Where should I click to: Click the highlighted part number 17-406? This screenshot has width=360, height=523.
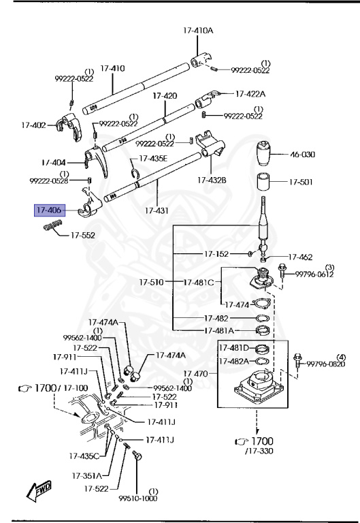(50, 210)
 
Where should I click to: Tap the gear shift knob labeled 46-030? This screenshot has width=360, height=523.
(265, 154)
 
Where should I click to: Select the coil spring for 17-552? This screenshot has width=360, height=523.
(53, 225)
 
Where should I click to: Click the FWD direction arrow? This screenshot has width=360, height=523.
(39, 490)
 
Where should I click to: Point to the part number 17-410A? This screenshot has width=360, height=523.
(198, 31)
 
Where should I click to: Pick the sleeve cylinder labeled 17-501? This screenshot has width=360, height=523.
(263, 182)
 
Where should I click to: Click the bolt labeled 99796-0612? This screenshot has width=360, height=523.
(282, 270)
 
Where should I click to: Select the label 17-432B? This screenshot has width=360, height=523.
(212, 180)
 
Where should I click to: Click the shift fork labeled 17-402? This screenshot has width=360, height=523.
(69, 126)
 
